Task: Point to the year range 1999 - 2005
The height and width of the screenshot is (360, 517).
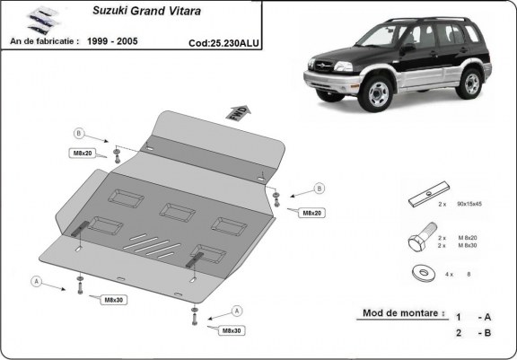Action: [x=123, y=41]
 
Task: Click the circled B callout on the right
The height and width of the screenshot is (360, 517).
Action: [x=318, y=189]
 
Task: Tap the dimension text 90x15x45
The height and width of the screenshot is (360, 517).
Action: [x=469, y=205]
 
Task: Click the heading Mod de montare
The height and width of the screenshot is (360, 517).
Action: [x=403, y=314]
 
